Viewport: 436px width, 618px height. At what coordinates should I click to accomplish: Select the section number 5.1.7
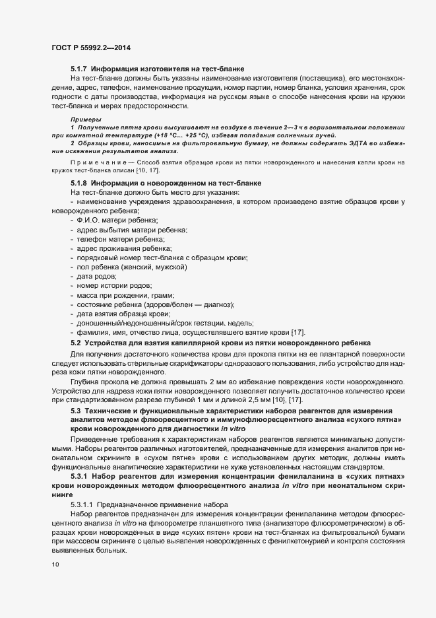pos(79,68)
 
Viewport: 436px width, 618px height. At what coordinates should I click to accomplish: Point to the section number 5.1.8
pos(79,182)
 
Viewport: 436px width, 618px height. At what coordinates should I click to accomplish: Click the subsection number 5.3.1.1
pos(84,504)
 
